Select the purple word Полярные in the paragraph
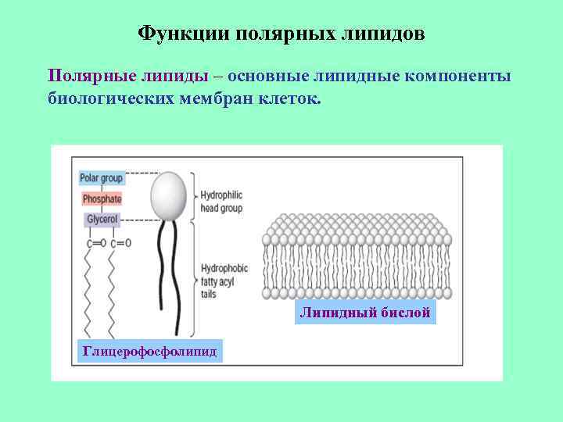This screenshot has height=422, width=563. pyautogui.click(x=91, y=76)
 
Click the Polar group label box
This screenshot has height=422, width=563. pyautogui.click(x=102, y=177)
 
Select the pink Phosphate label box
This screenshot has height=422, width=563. pyautogui.click(x=101, y=198)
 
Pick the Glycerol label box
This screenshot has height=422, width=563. pyautogui.click(x=102, y=220)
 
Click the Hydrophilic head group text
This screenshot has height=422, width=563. pyautogui.click(x=221, y=202)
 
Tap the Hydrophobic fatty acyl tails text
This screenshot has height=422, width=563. pyautogui.click(x=224, y=279)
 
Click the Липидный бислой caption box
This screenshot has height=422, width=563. pyautogui.click(x=365, y=313)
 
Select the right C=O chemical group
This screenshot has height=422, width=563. pyautogui.click(x=120, y=243)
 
